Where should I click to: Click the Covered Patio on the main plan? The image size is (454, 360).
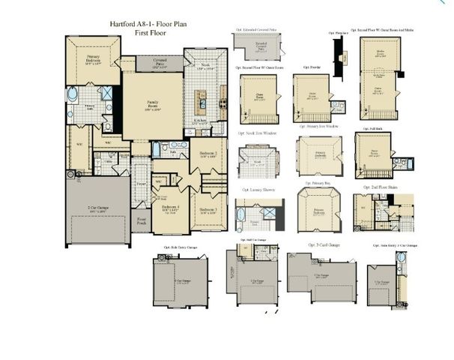160,63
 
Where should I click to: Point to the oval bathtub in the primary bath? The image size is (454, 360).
73,95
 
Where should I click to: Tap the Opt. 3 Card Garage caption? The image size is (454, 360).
324,244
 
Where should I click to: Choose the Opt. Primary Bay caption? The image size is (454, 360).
316,184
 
